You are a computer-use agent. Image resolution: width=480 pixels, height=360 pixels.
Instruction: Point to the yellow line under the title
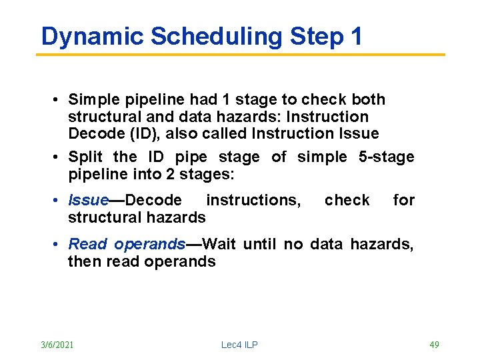[240, 55]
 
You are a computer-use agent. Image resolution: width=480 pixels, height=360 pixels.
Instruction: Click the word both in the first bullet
[369, 99]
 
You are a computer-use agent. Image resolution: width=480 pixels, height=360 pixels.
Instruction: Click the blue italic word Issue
[88, 200]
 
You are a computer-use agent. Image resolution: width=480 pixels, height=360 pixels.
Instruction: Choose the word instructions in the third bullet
[253, 200]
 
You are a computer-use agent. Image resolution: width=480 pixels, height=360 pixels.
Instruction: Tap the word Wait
[219, 244]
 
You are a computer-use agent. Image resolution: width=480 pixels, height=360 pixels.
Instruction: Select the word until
[261, 244]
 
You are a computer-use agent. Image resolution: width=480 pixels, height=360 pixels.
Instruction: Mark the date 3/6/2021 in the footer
[57, 345]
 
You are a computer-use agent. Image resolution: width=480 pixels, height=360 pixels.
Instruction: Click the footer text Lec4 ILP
[239, 345]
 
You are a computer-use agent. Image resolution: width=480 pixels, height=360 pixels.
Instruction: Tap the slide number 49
[434, 345]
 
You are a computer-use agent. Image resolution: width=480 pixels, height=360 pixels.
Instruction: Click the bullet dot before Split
[59, 157]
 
